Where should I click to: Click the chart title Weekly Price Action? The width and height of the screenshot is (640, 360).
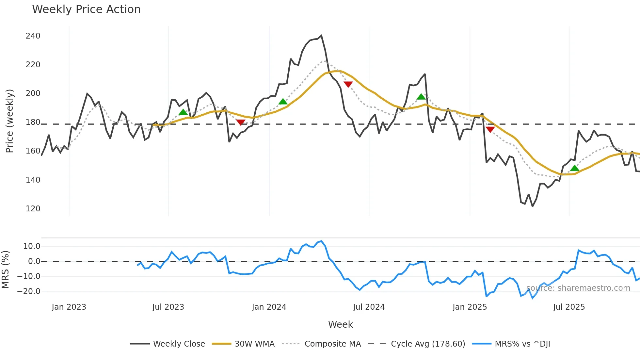(86, 9)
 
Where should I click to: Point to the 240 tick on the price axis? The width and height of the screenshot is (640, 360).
(33, 36)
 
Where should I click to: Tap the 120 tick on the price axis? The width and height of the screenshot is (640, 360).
(33, 209)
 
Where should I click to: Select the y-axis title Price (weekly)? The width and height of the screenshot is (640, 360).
(10, 121)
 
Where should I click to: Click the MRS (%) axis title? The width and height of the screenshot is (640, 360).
(6, 270)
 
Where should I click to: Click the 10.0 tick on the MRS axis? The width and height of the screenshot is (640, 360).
(32, 246)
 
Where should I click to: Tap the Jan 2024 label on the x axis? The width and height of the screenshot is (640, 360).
(269, 307)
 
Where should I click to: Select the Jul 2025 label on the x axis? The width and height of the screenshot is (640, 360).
(569, 307)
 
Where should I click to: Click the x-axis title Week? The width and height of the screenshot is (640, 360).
(340, 324)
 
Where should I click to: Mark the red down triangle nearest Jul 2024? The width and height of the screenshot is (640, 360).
(348, 84)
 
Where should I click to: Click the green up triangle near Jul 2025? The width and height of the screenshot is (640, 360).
(574, 168)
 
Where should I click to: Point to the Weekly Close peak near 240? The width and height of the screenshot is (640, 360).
(321, 36)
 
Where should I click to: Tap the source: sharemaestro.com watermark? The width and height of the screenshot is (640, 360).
(578, 288)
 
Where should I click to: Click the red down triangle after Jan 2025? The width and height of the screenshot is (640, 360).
(490, 129)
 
